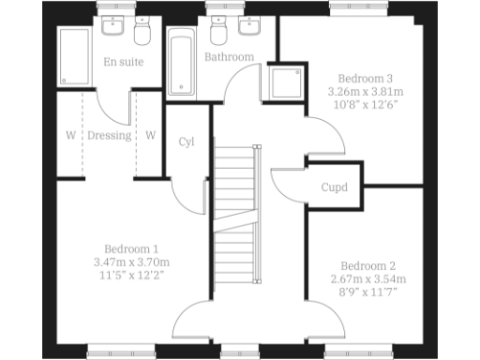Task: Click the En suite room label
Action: [123, 62]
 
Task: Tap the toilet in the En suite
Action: [142, 35]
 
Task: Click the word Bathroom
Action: [229, 57]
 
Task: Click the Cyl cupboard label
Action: [187, 142]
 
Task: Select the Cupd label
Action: [335, 187]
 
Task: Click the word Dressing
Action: [110, 135]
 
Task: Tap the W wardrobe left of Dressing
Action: [70, 135]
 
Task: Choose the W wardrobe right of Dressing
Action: [150, 135]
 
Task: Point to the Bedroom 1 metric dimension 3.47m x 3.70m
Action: [130, 262]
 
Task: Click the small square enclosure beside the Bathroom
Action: [282, 84]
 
